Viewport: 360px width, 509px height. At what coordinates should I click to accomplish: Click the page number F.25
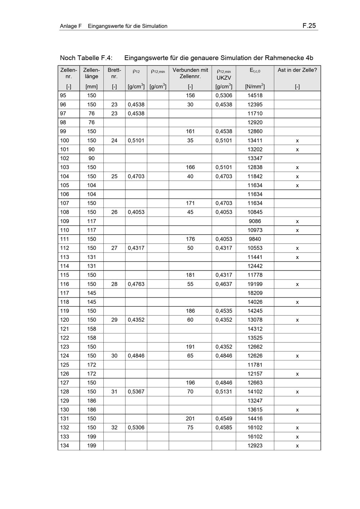tap(309, 26)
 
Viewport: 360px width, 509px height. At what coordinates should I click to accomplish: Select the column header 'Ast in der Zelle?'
tap(297, 70)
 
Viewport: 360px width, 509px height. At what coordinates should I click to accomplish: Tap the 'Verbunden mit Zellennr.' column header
tap(190, 73)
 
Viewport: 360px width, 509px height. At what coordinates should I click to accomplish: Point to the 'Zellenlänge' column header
tap(91, 73)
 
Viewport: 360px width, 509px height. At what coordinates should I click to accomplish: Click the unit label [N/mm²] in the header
tap(255, 86)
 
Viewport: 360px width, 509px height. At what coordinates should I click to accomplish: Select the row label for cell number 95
tap(63, 95)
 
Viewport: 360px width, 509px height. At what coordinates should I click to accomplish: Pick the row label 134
tap(65, 445)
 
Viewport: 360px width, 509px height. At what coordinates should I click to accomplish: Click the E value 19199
tap(255, 284)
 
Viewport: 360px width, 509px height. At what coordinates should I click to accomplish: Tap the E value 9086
tap(255, 221)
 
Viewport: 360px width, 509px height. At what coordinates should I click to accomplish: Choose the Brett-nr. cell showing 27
tap(114, 248)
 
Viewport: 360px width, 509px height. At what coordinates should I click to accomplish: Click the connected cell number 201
tap(190, 418)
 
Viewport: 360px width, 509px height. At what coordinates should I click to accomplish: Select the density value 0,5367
tap(136, 391)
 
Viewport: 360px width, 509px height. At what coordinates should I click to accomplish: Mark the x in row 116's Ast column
tap(297, 284)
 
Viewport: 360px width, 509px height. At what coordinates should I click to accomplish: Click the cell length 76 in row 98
tap(91, 122)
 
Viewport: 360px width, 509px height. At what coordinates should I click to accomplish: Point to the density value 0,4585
tap(224, 427)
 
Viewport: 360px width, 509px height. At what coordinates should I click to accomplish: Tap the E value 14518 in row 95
tap(255, 95)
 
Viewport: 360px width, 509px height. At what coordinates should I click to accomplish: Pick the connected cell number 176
tap(190, 239)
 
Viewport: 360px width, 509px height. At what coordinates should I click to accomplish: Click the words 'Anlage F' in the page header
tap(71, 26)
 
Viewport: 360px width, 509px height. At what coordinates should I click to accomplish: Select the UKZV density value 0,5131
tap(224, 391)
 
